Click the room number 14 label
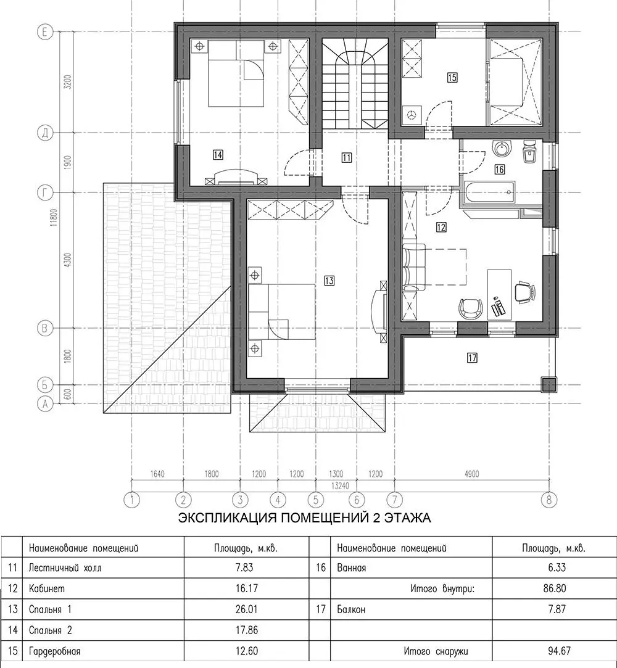(x=218, y=155)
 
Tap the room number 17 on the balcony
(x=472, y=358)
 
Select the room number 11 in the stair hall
(x=346, y=158)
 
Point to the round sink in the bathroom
(x=502, y=149)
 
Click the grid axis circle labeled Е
(x=45, y=32)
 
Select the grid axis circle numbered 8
(x=549, y=499)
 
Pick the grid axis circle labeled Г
(x=45, y=193)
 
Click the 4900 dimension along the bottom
(x=472, y=474)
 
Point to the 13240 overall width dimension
(x=339, y=485)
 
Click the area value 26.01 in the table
(x=247, y=609)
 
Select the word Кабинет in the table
(x=47, y=589)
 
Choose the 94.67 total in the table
(x=557, y=651)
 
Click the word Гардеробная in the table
(x=54, y=651)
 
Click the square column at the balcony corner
(x=549, y=385)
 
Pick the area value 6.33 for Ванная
(x=557, y=568)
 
